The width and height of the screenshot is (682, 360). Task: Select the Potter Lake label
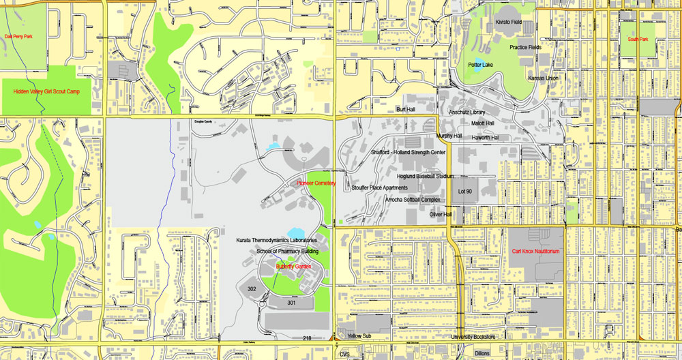pos(480,65)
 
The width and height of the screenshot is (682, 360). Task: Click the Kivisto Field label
pos(508,22)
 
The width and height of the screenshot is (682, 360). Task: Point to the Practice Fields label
pos(525,47)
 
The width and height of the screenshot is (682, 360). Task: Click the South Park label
pos(638,39)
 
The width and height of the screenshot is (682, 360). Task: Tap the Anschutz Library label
pos(466,112)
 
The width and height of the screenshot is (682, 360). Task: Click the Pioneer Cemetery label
pos(316,183)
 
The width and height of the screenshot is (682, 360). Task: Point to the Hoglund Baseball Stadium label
pos(425,176)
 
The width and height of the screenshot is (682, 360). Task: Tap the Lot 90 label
pos(465,192)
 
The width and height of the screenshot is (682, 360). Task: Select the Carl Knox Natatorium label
pos(535,252)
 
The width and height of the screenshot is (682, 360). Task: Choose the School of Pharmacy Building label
pos(287,251)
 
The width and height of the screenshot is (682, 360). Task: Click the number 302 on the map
pos(252,289)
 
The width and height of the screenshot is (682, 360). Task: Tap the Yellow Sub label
pos(359,336)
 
